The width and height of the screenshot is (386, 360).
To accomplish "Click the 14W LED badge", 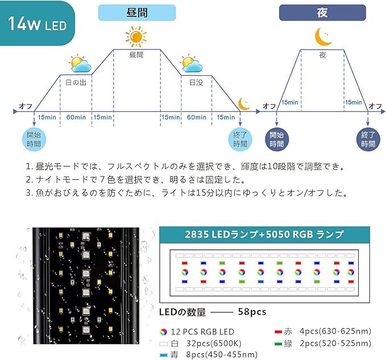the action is (x=38, y=23).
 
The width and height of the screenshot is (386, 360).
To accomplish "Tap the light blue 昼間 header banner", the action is (x=137, y=13).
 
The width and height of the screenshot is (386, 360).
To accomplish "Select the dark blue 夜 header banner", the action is (x=322, y=13).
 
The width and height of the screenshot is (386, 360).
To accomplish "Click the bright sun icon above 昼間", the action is (x=136, y=36).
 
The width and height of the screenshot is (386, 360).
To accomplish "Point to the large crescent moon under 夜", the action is (x=323, y=37).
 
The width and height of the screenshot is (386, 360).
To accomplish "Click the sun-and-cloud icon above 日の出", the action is (x=80, y=64).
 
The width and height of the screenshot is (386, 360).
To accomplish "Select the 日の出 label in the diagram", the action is (x=76, y=82).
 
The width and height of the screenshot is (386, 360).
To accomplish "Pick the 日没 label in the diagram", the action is (x=196, y=82).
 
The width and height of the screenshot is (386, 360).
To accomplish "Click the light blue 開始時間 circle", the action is (x=34, y=139).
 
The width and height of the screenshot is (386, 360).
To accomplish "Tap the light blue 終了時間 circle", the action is (x=240, y=139).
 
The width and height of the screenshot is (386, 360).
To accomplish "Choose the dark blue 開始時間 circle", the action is (x=277, y=139).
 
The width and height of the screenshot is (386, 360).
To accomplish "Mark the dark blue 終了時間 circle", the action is (x=368, y=139).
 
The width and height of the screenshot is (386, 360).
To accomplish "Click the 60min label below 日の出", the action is (x=76, y=117).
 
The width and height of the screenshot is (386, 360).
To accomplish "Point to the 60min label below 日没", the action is (x=197, y=117).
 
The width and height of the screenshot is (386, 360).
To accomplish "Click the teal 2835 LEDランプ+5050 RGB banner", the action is (x=264, y=235).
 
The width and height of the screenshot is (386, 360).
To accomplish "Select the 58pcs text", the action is (x=252, y=312).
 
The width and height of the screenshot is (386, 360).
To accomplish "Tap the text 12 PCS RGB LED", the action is (x=202, y=332).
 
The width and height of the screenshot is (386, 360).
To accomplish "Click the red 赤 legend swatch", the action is (x=278, y=332).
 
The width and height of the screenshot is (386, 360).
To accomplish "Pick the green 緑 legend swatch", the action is (x=278, y=344).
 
